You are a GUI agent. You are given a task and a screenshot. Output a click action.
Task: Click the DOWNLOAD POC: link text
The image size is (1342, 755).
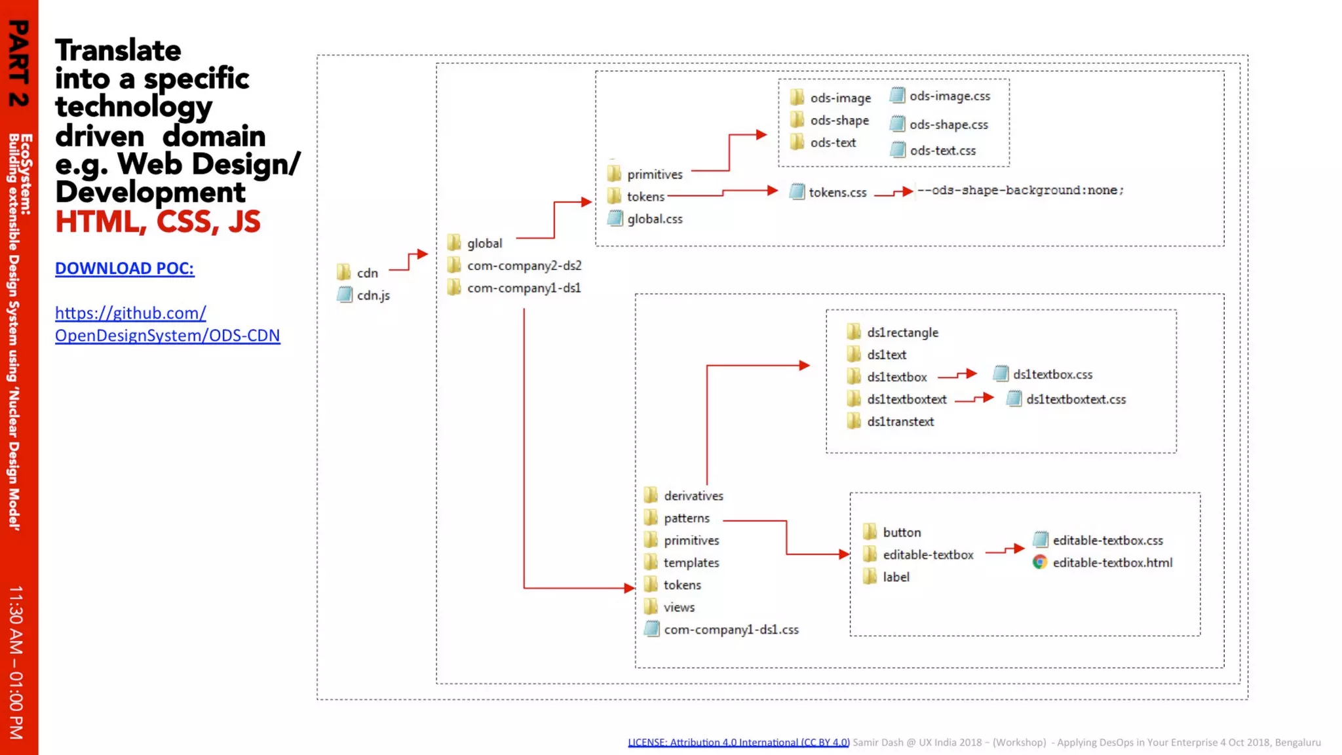coord(125,268)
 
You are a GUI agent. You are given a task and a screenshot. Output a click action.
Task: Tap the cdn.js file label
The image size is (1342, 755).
coord(373,296)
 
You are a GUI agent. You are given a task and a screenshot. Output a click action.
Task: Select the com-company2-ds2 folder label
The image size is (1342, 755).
coord(524,265)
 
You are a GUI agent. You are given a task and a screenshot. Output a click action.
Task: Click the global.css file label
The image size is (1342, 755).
coord(655,219)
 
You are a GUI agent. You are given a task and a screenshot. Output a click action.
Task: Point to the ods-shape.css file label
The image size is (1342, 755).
coord(948,125)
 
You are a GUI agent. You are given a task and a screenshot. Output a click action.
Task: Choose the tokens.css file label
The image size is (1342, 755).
coord(837,192)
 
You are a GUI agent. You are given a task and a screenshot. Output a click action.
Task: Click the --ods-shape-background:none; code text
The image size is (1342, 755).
coord(1020,190)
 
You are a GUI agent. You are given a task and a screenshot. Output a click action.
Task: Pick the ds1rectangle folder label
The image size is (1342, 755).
coord(902,332)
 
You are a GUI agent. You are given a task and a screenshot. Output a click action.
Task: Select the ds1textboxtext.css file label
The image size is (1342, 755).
coord(1076,399)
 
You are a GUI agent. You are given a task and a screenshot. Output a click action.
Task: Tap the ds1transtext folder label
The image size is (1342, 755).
coord(900,421)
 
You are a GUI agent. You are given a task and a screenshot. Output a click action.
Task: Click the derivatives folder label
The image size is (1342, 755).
coord(693,496)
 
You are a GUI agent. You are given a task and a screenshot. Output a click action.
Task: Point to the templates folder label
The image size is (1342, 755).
coord(691,563)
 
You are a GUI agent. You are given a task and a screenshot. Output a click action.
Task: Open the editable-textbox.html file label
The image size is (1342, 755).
coord(1112,562)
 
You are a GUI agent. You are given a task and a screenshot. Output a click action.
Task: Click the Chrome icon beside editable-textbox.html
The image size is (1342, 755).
coord(1040,562)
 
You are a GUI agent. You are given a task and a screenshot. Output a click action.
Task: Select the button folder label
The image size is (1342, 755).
coord(902,533)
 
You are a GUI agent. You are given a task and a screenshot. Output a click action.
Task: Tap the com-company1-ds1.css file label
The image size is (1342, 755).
coord(731,630)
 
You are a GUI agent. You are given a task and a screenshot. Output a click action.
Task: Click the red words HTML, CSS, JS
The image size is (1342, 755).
coord(158,222)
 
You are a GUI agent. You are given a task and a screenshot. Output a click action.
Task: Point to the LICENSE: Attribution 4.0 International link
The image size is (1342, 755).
coord(738,743)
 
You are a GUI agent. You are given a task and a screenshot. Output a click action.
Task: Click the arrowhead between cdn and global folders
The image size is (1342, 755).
coord(423,254)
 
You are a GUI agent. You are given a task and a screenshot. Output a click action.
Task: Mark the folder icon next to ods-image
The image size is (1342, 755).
coord(797,98)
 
